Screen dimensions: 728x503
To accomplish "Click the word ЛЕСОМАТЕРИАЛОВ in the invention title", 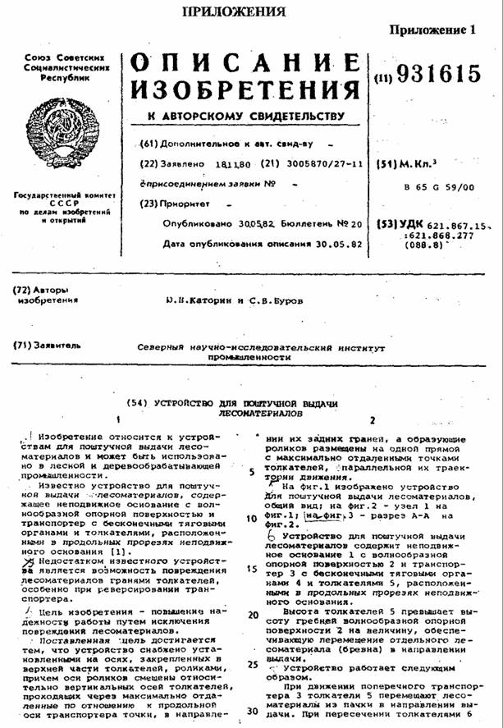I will click(x=255, y=413).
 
